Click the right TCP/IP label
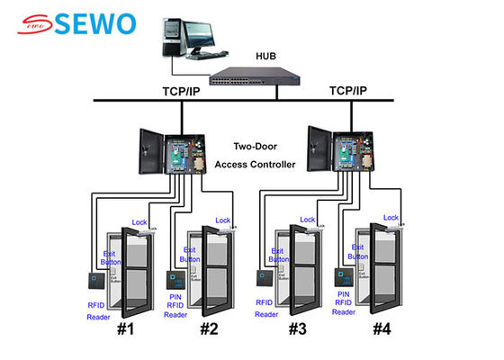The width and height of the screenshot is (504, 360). click(x=348, y=92)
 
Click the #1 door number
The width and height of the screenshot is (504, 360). click(x=125, y=328)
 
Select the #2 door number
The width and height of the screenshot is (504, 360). click(x=209, y=328)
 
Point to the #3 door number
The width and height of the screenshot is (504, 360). click(x=298, y=328)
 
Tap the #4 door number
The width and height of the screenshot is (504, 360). click(x=381, y=328)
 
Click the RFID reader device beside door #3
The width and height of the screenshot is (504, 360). click(x=264, y=278)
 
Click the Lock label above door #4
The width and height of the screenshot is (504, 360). click(x=391, y=218)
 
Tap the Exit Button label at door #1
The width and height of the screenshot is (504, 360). click(x=111, y=259)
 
